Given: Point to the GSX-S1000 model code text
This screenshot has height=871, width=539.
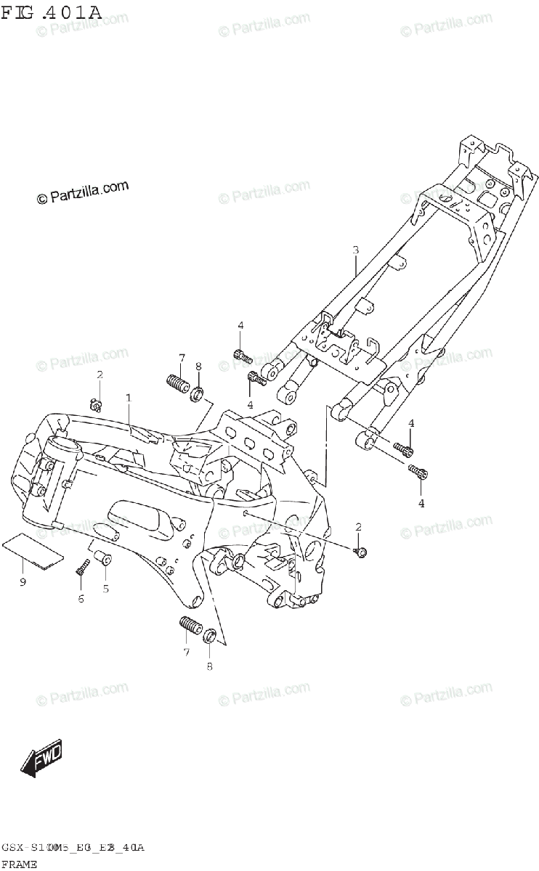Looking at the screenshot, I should coord(73,847).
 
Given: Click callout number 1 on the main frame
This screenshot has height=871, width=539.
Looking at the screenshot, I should coord(129,398).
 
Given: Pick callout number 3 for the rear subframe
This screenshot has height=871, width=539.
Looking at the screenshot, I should coord(355,250).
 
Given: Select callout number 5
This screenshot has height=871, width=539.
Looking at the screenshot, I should coord(105,588).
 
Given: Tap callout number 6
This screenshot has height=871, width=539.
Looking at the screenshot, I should coord(81,598).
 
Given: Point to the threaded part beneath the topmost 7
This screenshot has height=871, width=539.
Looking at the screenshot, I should coord(177,382).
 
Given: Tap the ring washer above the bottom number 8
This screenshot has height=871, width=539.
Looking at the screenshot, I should coord(208,637).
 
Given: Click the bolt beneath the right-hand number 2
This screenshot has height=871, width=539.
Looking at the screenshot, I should coord(360,552).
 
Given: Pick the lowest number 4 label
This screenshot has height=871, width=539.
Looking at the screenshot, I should coord(421,503).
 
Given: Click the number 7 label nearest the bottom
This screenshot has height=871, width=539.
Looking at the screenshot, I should coord(186,653).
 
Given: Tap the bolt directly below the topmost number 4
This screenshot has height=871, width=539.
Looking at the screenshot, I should coord(243,356).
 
